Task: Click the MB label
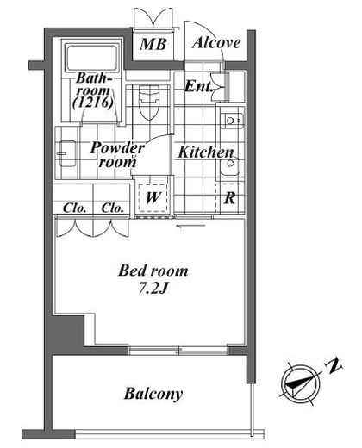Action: [x=153, y=44]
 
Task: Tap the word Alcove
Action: [x=216, y=42]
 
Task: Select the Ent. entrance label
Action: [x=198, y=86]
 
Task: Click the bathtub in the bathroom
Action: [x=91, y=57]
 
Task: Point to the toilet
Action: [x=149, y=102]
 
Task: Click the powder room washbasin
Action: [x=67, y=153]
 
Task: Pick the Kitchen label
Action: [x=206, y=152]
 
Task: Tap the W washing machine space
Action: [x=153, y=198]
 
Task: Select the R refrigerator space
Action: [x=229, y=198]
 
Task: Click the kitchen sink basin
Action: [x=230, y=166]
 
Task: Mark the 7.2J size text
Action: [x=153, y=289]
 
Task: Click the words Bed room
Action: [x=153, y=271]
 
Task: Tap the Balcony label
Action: [x=153, y=394]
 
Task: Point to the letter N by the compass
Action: [x=333, y=366]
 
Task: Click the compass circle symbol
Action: [x=301, y=383]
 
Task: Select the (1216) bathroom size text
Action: [x=92, y=103]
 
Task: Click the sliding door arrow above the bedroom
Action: [x=190, y=226]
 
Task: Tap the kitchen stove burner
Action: [x=232, y=121]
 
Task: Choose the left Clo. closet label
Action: [x=74, y=208]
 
